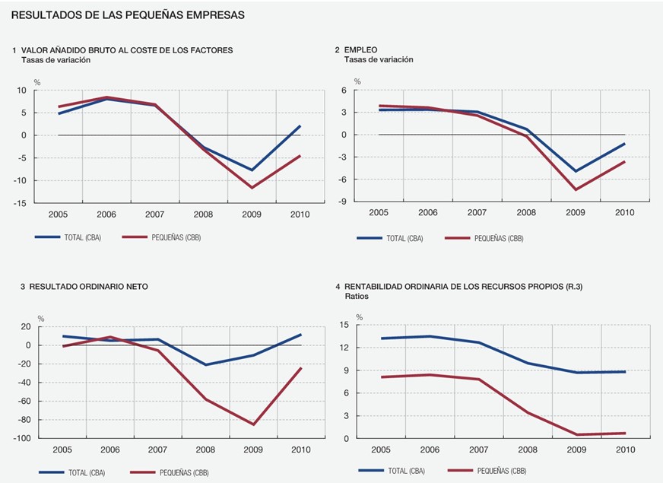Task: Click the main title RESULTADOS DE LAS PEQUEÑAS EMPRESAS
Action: [128, 15]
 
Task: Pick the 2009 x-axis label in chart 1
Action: [251, 215]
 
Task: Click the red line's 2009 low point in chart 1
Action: [252, 187]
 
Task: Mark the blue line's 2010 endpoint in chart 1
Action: [300, 126]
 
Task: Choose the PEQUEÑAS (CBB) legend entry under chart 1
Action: [163, 237]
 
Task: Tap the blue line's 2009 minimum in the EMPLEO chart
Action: [576, 171]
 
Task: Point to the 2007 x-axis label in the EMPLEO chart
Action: [477, 212]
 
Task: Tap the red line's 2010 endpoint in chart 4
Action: [625, 434]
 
